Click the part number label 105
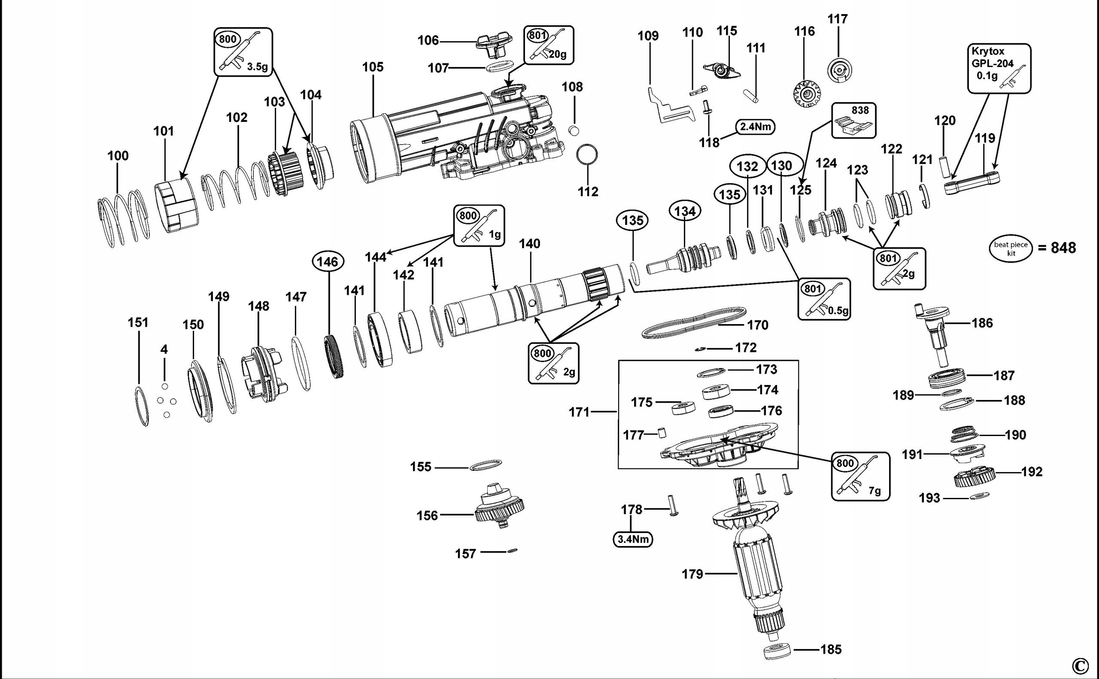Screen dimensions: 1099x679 (x=373, y=67)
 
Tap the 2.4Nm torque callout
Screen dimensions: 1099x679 (x=756, y=127)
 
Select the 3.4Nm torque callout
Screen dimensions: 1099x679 (x=632, y=539)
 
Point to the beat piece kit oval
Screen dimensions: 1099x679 (x=1011, y=249)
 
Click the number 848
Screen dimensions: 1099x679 (x=1063, y=248)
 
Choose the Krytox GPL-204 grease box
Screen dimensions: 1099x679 (x=999, y=68)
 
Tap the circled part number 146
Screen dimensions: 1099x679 (x=328, y=262)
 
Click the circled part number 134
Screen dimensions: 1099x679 (x=685, y=211)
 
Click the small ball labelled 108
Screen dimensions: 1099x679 (x=573, y=130)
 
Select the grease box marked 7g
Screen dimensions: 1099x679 (x=860, y=476)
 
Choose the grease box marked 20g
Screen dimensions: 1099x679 (x=548, y=45)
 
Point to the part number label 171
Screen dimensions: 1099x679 (x=579, y=412)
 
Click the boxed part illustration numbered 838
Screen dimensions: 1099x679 (x=854, y=120)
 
